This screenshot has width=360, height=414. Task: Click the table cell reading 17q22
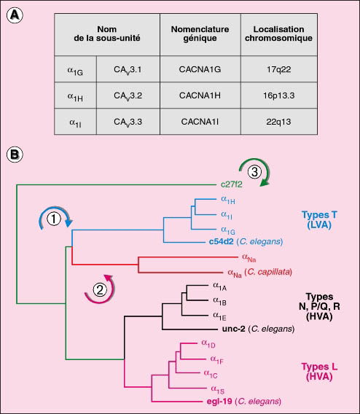click(x=278, y=69)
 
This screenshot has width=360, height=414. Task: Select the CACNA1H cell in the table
click(x=200, y=95)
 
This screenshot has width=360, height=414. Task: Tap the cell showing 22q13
click(x=278, y=122)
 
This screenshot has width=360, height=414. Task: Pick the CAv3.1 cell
click(x=128, y=69)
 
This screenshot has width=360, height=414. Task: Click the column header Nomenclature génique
click(x=200, y=34)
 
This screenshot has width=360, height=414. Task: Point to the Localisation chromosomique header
click(x=278, y=34)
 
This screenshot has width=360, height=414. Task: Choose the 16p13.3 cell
click(x=278, y=95)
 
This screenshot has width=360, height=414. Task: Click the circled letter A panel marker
click(x=15, y=15)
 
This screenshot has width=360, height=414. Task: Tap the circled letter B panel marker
click(x=15, y=155)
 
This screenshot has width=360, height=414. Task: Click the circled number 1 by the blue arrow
click(x=54, y=219)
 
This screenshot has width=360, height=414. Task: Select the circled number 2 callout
click(x=100, y=290)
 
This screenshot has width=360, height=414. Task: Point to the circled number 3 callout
click(x=254, y=172)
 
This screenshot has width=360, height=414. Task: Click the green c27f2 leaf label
click(x=232, y=184)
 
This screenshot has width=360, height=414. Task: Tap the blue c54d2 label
click(x=221, y=241)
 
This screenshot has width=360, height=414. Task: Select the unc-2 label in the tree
click(x=234, y=329)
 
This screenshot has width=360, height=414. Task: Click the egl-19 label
click(x=219, y=402)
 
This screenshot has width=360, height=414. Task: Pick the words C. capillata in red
click(x=268, y=272)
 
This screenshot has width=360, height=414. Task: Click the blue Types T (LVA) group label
click(x=319, y=219)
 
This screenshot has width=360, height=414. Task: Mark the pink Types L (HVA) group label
click(x=319, y=372)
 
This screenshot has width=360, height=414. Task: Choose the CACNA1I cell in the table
click(x=200, y=122)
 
